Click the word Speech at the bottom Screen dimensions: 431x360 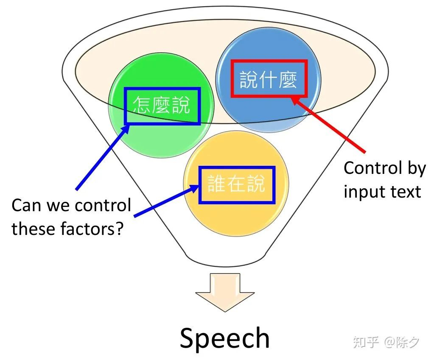224,338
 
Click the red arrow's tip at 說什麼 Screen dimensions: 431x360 291,97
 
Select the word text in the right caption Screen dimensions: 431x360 406,192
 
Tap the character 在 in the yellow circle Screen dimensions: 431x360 236,183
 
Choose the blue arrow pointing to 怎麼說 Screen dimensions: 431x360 103,157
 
